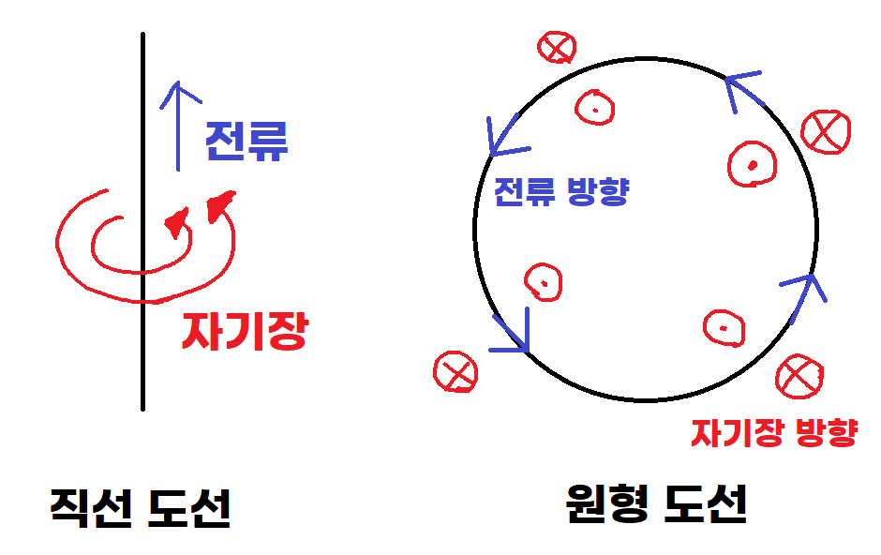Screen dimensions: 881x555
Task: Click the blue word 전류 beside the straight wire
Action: click(x=246, y=141)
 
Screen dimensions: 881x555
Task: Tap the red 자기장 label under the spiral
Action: click(x=245, y=329)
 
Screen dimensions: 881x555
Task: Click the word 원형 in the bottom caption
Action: click(x=605, y=506)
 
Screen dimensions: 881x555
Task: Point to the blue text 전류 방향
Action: click(x=560, y=191)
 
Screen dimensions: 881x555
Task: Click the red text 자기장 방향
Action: click(x=773, y=432)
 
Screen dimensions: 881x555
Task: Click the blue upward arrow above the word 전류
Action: click(x=176, y=122)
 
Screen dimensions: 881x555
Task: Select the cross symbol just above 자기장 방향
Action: click(x=799, y=376)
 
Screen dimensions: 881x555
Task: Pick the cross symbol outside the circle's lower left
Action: click(x=455, y=372)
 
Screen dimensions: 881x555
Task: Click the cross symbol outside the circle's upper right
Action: click(x=827, y=130)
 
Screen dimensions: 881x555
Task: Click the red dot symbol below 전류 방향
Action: click(x=543, y=280)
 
